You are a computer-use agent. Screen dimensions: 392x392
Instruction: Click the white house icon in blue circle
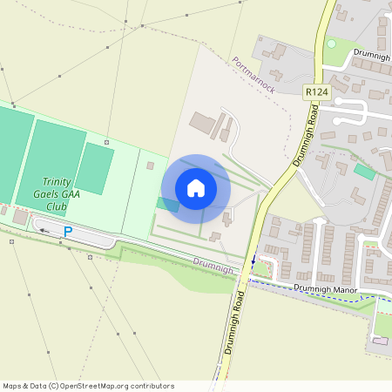click(x=196, y=188)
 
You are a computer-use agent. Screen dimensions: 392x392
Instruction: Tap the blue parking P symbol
click(x=68, y=232)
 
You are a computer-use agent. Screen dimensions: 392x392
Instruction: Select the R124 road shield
click(x=315, y=91)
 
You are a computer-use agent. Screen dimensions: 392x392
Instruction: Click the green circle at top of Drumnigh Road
click(x=331, y=44)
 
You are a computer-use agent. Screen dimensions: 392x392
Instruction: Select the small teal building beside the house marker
click(x=167, y=205)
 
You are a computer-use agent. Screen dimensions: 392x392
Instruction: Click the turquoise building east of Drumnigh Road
click(x=365, y=172)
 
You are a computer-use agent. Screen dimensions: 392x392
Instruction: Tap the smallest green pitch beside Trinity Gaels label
click(x=95, y=168)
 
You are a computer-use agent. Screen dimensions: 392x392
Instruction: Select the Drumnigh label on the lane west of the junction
click(x=213, y=265)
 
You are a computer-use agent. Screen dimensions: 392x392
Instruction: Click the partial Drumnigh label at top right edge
click(x=373, y=54)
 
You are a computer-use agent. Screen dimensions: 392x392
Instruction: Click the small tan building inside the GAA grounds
click(x=150, y=166)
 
